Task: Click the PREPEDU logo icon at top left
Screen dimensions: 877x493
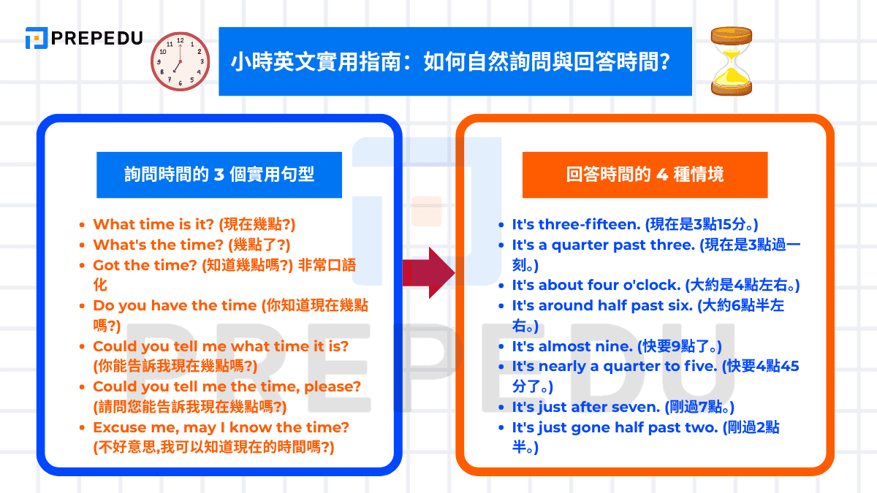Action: click(x=37, y=38)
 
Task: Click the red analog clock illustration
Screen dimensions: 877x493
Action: click(x=180, y=61)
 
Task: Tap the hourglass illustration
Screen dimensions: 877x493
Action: click(x=732, y=61)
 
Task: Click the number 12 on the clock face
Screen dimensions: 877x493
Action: click(x=180, y=40)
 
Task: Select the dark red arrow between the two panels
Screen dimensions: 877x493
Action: click(x=429, y=272)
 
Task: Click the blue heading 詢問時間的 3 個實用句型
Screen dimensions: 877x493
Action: click(x=219, y=175)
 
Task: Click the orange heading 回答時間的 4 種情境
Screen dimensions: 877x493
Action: click(x=645, y=175)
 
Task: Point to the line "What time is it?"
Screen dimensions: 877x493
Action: click(x=153, y=225)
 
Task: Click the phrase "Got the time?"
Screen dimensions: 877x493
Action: click(x=145, y=265)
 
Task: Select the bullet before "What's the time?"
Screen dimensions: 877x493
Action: click(x=82, y=245)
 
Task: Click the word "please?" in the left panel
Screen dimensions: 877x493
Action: click(x=333, y=387)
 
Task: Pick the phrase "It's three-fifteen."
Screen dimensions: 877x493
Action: click(x=577, y=225)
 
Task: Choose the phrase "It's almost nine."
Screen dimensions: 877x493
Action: click(x=572, y=346)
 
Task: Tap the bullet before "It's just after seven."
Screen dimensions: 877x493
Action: click(x=501, y=408)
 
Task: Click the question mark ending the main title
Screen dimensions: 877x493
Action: click(x=664, y=62)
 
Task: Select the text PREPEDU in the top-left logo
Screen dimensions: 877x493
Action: click(x=97, y=38)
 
